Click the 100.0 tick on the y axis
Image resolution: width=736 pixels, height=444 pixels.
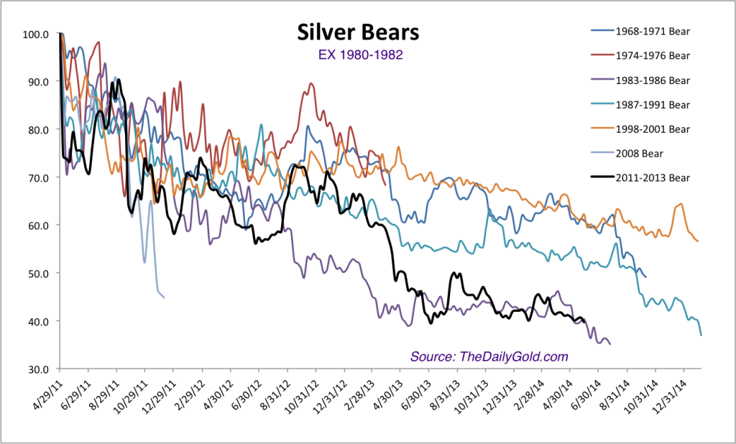pyautogui.click(x=35, y=34)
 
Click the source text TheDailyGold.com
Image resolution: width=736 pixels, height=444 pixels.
pyautogui.click(x=489, y=357)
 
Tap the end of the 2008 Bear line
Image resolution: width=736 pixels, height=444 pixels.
pyautogui.click(x=164, y=297)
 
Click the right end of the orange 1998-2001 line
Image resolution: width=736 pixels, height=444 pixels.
pyautogui.click(x=698, y=241)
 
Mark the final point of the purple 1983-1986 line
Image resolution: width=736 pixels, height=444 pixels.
pyautogui.click(x=610, y=344)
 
